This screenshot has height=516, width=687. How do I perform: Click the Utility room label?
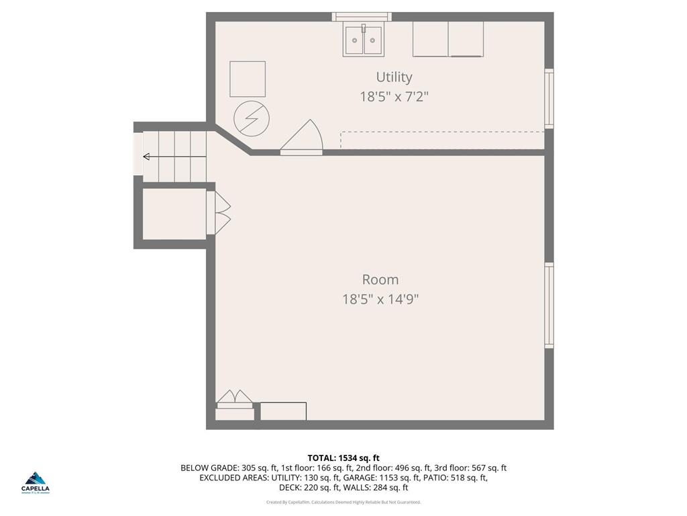394,77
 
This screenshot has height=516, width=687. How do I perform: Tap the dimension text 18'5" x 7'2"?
394,97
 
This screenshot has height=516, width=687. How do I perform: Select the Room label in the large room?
380,279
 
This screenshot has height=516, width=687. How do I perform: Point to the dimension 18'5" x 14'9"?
380,299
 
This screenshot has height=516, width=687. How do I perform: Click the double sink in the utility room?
363,40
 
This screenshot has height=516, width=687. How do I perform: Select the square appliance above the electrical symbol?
248,79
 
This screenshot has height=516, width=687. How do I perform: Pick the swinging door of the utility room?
304,138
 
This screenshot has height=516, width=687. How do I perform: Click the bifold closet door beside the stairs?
221,213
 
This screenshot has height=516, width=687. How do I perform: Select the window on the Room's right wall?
549,305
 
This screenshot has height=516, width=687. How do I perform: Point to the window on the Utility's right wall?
549,98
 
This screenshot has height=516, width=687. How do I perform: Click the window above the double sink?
361,16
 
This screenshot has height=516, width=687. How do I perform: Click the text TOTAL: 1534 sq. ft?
343,458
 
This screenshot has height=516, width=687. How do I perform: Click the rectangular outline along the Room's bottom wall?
283,411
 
